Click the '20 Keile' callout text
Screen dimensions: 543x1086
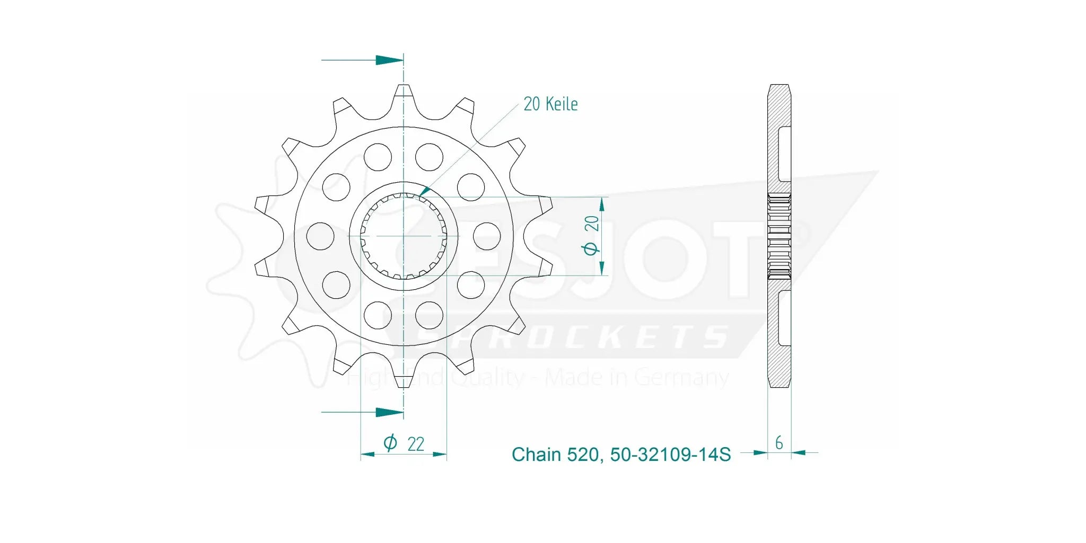click(550, 104)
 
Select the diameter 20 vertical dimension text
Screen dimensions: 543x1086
click(591, 235)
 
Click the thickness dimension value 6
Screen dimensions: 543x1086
click(778, 443)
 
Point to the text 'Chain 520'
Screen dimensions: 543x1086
click(555, 455)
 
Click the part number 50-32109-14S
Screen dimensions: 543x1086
click(670, 455)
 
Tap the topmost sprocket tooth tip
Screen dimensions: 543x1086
click(404, 87)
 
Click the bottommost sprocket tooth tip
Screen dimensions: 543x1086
click(404, 385)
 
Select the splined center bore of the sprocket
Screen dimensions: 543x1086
click(404, 236)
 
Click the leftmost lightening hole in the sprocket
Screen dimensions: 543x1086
click(320, 236)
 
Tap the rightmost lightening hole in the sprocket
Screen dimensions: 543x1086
click(487, 236)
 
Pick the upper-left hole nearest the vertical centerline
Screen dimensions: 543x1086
click(378, 157)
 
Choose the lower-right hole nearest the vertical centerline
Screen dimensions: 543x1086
click(429, 315)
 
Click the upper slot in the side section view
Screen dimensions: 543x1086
click(784, 154)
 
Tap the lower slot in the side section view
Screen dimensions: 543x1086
click(784, 318)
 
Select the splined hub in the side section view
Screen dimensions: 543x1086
click(780, 236)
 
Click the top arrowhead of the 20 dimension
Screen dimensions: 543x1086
click(602, 204)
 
